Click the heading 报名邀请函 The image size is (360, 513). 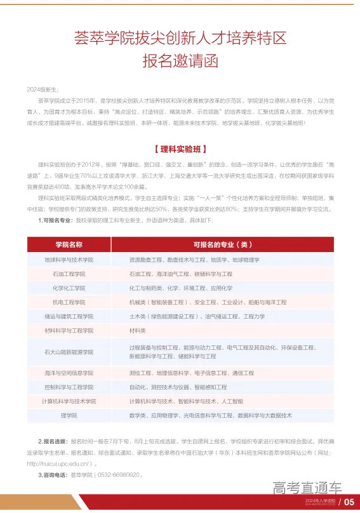(180, 62)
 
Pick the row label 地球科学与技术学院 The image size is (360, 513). (69, 260)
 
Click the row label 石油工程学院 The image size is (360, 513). (69, 274)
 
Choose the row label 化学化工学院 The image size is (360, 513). (69, 288)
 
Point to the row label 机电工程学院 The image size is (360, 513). (69, 302)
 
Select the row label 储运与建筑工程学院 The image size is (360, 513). (69, 316)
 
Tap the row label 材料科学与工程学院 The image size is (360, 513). (69, 330)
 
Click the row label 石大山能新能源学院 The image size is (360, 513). (69, 351)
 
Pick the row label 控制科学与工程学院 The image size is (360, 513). (69, 387)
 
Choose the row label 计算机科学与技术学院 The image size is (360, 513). (69, 401)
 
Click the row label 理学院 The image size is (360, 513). (69, 415)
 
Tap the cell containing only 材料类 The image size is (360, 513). (138, 330)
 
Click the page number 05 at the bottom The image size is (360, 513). (349, 502)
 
